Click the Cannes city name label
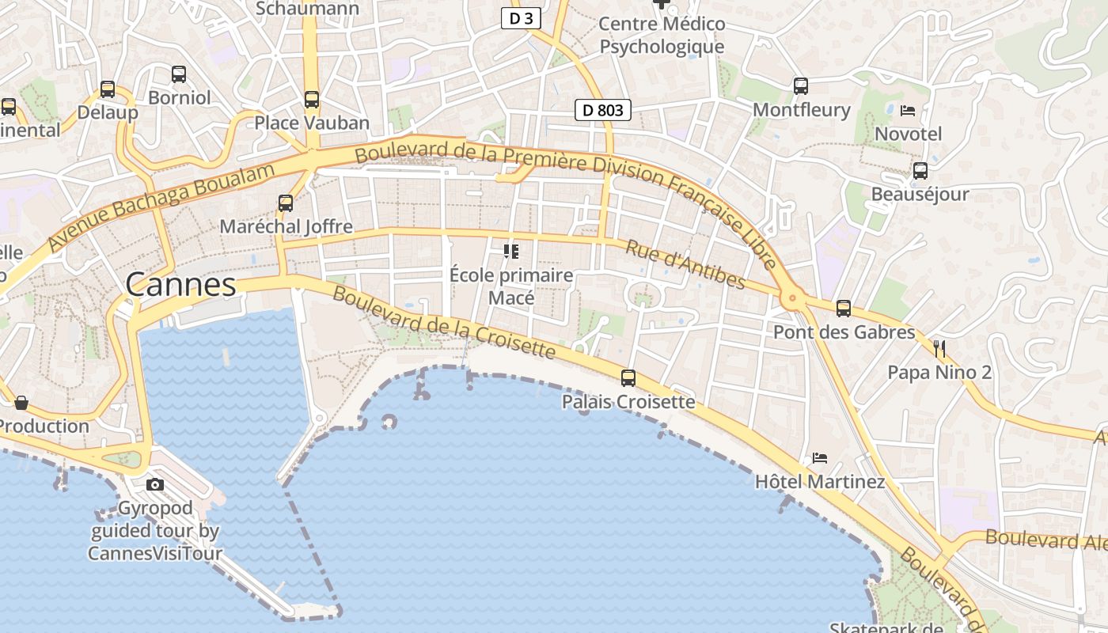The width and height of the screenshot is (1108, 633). tap(180, 285)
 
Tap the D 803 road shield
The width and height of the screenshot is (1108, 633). tap(602, 110)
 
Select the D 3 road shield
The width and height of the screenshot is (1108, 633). tap(521, 18)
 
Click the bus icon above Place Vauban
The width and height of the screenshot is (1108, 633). tap(312, 100)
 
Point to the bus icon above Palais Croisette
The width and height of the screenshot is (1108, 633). tap(628, 378)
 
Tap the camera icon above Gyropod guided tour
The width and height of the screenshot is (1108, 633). tap(155, 484)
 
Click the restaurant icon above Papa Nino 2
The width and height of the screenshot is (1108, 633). tap(939, 348)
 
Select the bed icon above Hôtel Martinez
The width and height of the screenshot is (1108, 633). tap(820, 458)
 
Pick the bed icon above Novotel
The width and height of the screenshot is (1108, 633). tap(908, 110)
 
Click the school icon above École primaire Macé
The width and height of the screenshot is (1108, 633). tap(511, 252)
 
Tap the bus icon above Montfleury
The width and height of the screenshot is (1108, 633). tap(801, 85)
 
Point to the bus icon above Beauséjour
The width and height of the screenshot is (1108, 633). tap(920, 170)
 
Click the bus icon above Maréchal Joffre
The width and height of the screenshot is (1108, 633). tap(286, 203)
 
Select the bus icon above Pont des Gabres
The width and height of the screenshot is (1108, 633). tap(844, 309)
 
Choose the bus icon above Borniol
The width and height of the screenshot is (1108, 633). tap(179, 74)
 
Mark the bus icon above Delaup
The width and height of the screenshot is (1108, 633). tap(108, 89)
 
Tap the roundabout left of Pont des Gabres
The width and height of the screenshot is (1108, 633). tap(791, 299)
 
